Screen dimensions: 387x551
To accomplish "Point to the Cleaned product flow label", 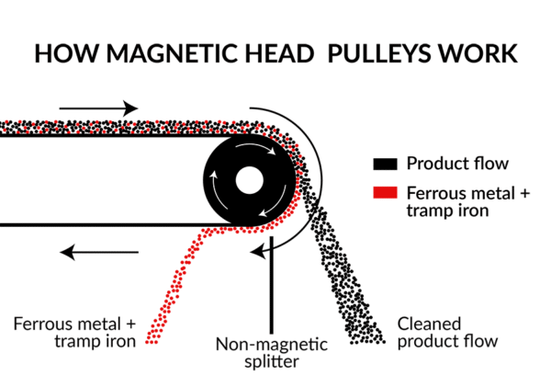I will click(x=446, y=333).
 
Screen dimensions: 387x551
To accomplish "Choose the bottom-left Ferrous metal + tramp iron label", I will click(x=74, y=333).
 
